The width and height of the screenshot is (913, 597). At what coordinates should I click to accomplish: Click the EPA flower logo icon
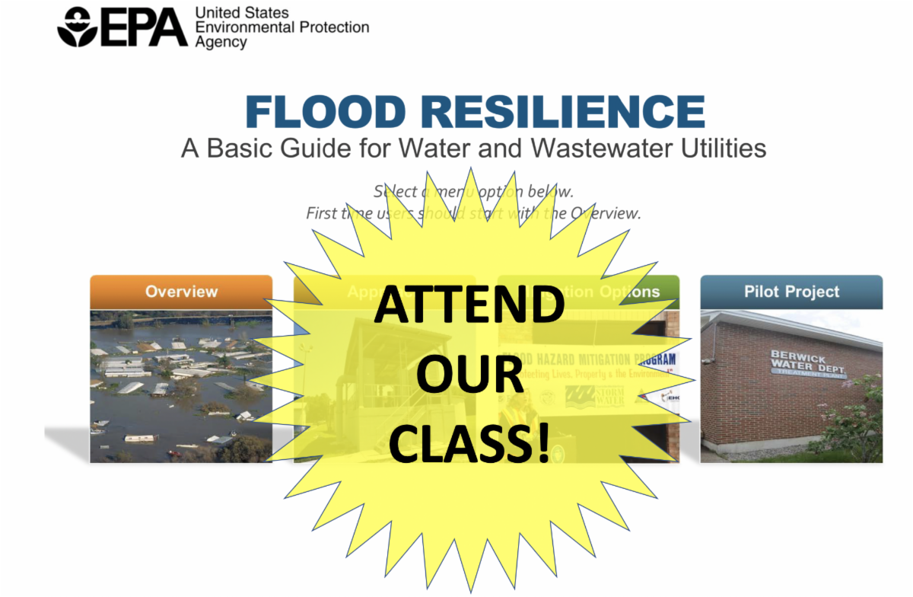77,27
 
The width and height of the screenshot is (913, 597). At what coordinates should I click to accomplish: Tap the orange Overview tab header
181,292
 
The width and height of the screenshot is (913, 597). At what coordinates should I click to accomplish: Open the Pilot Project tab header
791,292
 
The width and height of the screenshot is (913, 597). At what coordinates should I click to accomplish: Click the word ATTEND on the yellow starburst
469,305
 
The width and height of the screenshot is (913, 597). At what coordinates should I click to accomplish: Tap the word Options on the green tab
628,292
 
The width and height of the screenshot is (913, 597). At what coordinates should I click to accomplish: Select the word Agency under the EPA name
221,43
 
